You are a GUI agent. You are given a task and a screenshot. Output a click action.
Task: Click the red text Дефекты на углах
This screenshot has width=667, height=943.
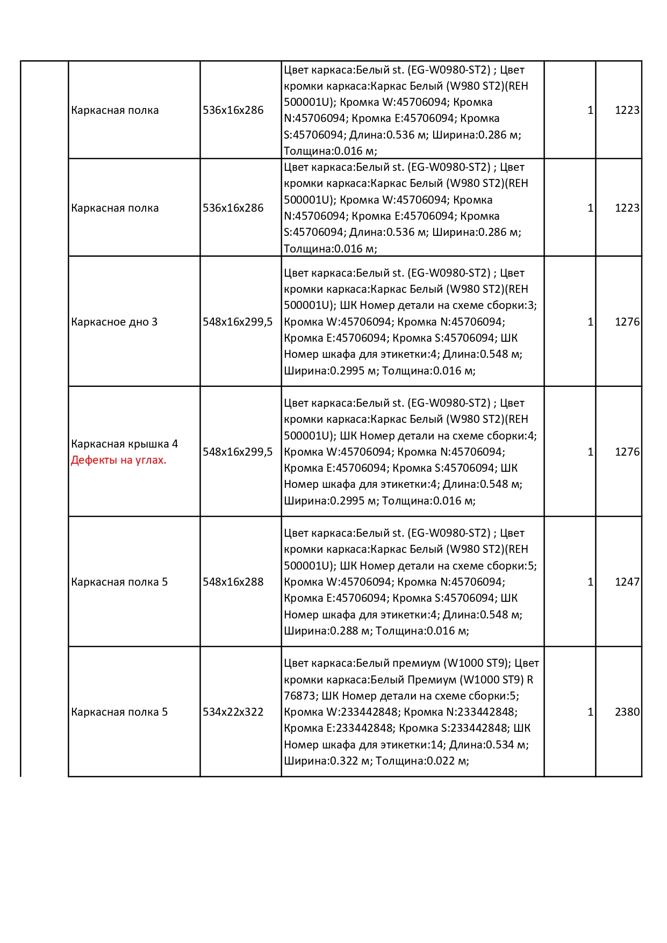pyautogui.click(x=118, y=460)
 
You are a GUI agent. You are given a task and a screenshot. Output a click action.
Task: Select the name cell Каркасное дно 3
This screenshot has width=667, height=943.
pyautogui.click(x=114, y=322)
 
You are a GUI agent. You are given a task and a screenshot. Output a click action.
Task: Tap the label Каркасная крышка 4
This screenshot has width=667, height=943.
pyautogui.click(x=124, y=444)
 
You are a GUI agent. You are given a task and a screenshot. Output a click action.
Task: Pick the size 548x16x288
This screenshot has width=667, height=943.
pyautogui.click(x=233, y=582)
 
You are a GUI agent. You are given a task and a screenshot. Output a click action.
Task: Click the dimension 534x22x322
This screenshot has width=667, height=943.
pyautogui.click(x=233, y=712)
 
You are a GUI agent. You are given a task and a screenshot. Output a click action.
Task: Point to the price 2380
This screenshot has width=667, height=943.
pyautogui.click(x=627, y=712)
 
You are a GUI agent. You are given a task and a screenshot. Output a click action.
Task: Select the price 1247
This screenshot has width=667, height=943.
pyautogui.click(x=627, y=582)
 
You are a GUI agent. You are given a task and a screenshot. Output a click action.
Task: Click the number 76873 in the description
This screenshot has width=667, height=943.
pyautogui.click(x=299, y=696)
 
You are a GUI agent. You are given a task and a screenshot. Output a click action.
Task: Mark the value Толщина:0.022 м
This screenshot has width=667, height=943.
pyautogui.click(x=422, y=761)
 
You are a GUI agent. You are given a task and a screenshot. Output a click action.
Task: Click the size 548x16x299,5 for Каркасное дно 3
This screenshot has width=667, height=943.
pyautogui.click(x=237, y=322)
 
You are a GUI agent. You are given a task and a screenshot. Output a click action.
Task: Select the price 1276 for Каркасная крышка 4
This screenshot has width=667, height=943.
pyautogui.click(x=627, y=452)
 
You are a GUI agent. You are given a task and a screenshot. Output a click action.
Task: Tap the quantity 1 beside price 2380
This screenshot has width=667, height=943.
pyautogui.click(x=590, y=712)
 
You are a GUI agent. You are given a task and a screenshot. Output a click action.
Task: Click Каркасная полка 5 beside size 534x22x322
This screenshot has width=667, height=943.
pyautogui.click(x=119, y=712)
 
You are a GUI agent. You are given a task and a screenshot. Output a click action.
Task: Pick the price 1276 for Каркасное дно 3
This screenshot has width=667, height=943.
pyautogui.click(x=627, y=322)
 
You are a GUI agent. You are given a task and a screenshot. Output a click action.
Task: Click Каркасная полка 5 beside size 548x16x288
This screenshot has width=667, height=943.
pyautogui.click(x=119, y=582)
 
